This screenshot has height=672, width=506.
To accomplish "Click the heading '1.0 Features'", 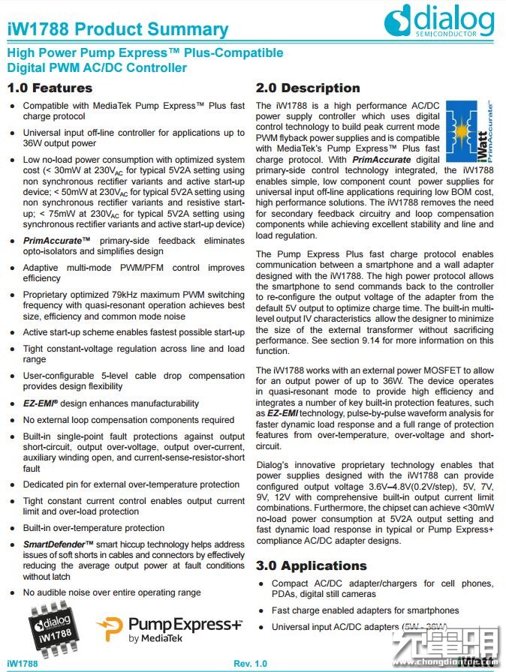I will (x=50, y=88).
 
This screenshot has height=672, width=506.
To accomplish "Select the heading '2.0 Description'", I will (x=308, y=88).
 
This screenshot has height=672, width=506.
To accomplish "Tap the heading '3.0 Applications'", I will (x=312, y=565).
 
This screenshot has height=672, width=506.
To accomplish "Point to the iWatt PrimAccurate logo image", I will (x=470, y=132).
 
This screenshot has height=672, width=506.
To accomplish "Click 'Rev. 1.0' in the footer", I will (x=250, y=664).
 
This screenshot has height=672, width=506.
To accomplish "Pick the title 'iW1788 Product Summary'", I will (x=118, y=31).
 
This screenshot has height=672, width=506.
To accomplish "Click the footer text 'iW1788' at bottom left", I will (x=23, y=664).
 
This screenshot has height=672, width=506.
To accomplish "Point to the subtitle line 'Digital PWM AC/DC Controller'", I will (x=97, y=67).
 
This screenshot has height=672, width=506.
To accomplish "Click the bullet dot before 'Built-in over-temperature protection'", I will (x=12, y=529).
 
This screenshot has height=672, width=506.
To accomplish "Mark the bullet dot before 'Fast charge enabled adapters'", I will (x=261, y=610).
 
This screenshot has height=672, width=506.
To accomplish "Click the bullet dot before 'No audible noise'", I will (x=12, y=592).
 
